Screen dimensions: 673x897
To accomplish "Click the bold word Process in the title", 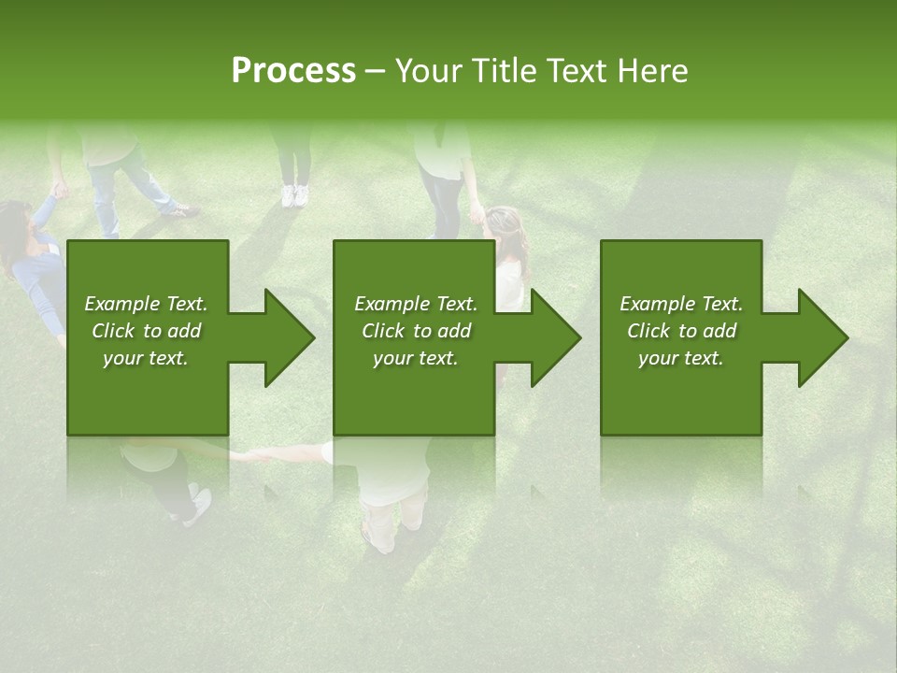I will (293, 71).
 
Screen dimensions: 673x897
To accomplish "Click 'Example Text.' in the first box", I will (146, 304).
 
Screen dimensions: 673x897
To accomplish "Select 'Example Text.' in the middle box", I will (415, 304).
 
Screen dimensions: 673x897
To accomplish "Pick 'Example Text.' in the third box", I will (681, 304).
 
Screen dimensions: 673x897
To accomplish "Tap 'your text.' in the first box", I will (146, 358).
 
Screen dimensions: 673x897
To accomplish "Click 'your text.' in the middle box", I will (415, 358).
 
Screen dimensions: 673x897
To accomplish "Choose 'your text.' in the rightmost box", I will (681, 358).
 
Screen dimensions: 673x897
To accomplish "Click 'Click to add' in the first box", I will (146, 331).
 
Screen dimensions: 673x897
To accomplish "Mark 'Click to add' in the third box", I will (681, 331).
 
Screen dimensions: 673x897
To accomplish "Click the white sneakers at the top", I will (294, 195).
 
